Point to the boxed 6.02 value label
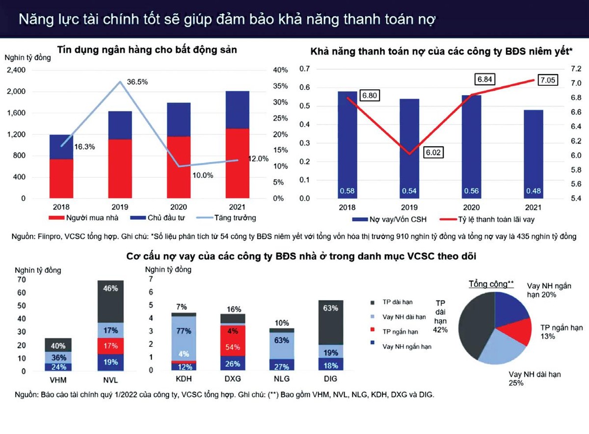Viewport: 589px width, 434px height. pos(433,153)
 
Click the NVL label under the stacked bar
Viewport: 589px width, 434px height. pos(110,379)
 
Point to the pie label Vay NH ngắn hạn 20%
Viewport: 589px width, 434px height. pos(549,290)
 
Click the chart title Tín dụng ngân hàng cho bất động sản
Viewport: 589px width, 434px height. pos(147,50)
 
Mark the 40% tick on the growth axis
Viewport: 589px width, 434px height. pos(280,70)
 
